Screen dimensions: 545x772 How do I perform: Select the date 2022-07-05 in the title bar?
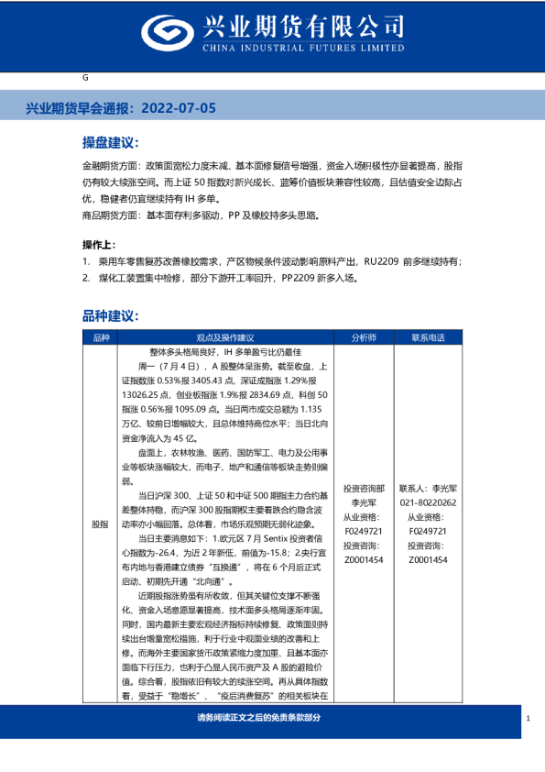pyautogui.click(x=182, y=108)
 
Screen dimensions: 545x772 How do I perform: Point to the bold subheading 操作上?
pyautogui.click(x=99, y=245)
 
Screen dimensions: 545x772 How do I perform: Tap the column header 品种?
pyautogui.click(x=100, y=337)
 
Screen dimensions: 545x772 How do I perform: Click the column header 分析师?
pyautogui.click(x=364, y=337)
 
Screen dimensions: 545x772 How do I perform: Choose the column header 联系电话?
pyautogui.click(x=429, y=337)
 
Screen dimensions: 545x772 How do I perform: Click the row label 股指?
pyautogui.click(x=100, y=524)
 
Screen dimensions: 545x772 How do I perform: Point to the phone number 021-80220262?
pyautogui.click(x=429, y=502)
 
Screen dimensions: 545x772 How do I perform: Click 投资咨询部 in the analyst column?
pyautogui.click(x=364, y=490)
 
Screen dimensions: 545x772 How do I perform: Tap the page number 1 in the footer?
pyautogui.click(x=529, y=719)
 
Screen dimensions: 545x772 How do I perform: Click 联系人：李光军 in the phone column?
pyautogui.click(x=429, y=490)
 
